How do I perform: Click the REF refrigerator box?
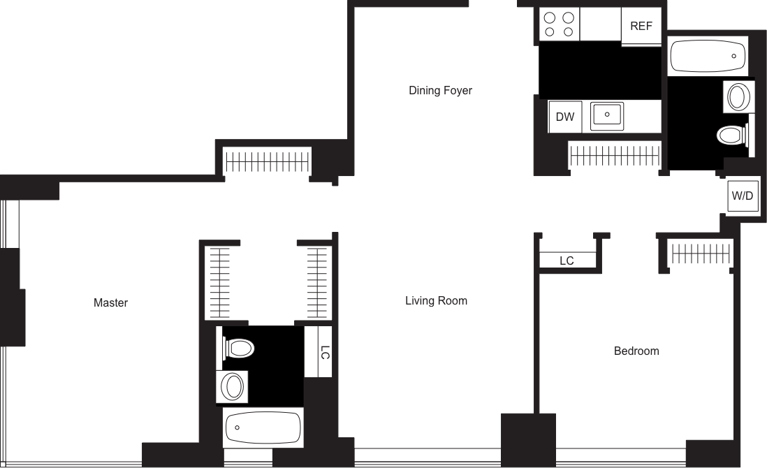(x=641, y=27)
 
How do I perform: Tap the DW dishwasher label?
(x=565, y=117)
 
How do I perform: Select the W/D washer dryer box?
(x=742, y=196)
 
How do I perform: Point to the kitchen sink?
(x=608, y=115)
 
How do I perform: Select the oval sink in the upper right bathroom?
(x=737, y=96)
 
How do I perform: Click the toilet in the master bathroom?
(x=238, y=347)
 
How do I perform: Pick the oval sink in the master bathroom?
(x=233, y=386)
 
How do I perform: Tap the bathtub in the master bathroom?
(x=263, y=427)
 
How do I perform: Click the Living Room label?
(x=437, y=301)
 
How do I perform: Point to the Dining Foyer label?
(x=441, y=91)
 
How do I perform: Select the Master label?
(x=111, y=303)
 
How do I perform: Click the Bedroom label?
(x=636, y=351)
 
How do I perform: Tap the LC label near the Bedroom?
(x=567, y=261)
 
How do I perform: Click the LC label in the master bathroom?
(x=325, y=353)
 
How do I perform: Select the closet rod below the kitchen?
(x=615, y=154)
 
